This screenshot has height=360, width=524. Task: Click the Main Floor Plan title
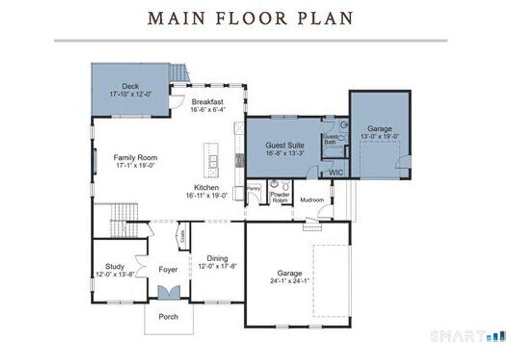pyautogui.click(x=251, y=18)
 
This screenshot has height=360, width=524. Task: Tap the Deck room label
pyautogui.click(x=130, y=86)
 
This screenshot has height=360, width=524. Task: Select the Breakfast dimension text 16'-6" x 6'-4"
pyautogui.click(x=207, y=109)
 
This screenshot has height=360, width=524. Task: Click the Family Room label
pyautogui.click(x=135, y=157)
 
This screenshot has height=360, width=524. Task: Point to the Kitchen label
pyautogui.click(x=206, y=188)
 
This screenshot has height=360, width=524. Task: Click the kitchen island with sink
pyautogui.click(x=210, y=160)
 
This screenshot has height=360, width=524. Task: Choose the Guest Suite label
pyautogui.click(x=285, y=145)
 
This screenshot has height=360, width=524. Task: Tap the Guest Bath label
pyautogui.click(x=329, y=139)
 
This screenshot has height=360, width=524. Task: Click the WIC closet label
pyautogui.click(x=336, y=172)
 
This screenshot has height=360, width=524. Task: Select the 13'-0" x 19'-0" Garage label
pyautogui.click(x=379, y=129)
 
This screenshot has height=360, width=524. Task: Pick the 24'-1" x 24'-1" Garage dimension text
pyautogui.click(x=289, y=281)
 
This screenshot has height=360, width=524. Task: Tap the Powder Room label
pyautogui.click(x=280, y=197)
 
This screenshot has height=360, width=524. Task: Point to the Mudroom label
pyautogui.click(x=312, y=200)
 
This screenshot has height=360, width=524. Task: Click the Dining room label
pyautogui.click(x=217, y=258)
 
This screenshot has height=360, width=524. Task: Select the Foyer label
pyautogui.click(x=168, y=269)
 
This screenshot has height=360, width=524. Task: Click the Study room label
pyautogui.click(x=115, y=266)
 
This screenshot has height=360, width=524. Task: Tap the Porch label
pyautogui.click(x=168, y=317)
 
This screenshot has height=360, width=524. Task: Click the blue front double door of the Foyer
pyautogui.click(x=168, y=292)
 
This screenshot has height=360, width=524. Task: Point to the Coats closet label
pyautogui.click(x=183, y=237)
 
